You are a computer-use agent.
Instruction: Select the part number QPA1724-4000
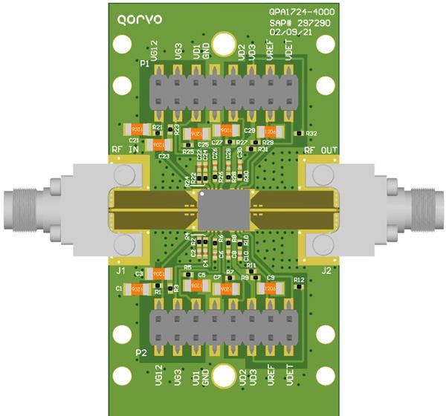click(301, 13)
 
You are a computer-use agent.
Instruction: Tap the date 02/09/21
click(289, 32)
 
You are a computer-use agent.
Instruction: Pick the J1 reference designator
click(121, 272)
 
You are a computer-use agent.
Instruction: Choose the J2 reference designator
click(325, 272)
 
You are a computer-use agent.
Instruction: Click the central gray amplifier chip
click(222, 211)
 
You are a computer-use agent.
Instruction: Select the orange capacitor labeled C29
click(267, 131)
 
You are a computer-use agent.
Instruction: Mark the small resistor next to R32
click(298, 133)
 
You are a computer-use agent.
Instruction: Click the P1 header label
click(144, 65)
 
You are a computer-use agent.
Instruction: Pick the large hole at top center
click(222, 42)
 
